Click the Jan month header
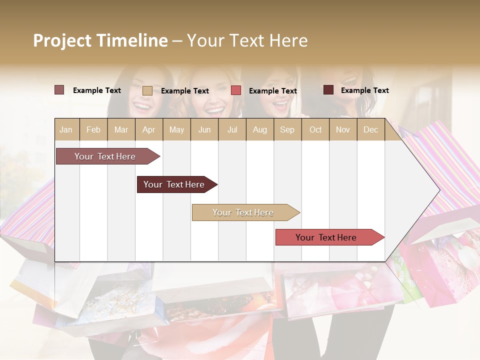[66, 129]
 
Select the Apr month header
[148, 129]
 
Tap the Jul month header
[232, 129]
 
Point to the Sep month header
[287, 129]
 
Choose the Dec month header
[370, 129]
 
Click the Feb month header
[93, 129]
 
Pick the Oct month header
[315, 129]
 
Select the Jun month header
[204, 129]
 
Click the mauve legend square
[59, 90]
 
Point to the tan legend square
[147, 90]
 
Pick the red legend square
[236, 90]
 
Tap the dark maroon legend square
[328, 90]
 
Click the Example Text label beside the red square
[272, 91]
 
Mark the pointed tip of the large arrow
[439, 190]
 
